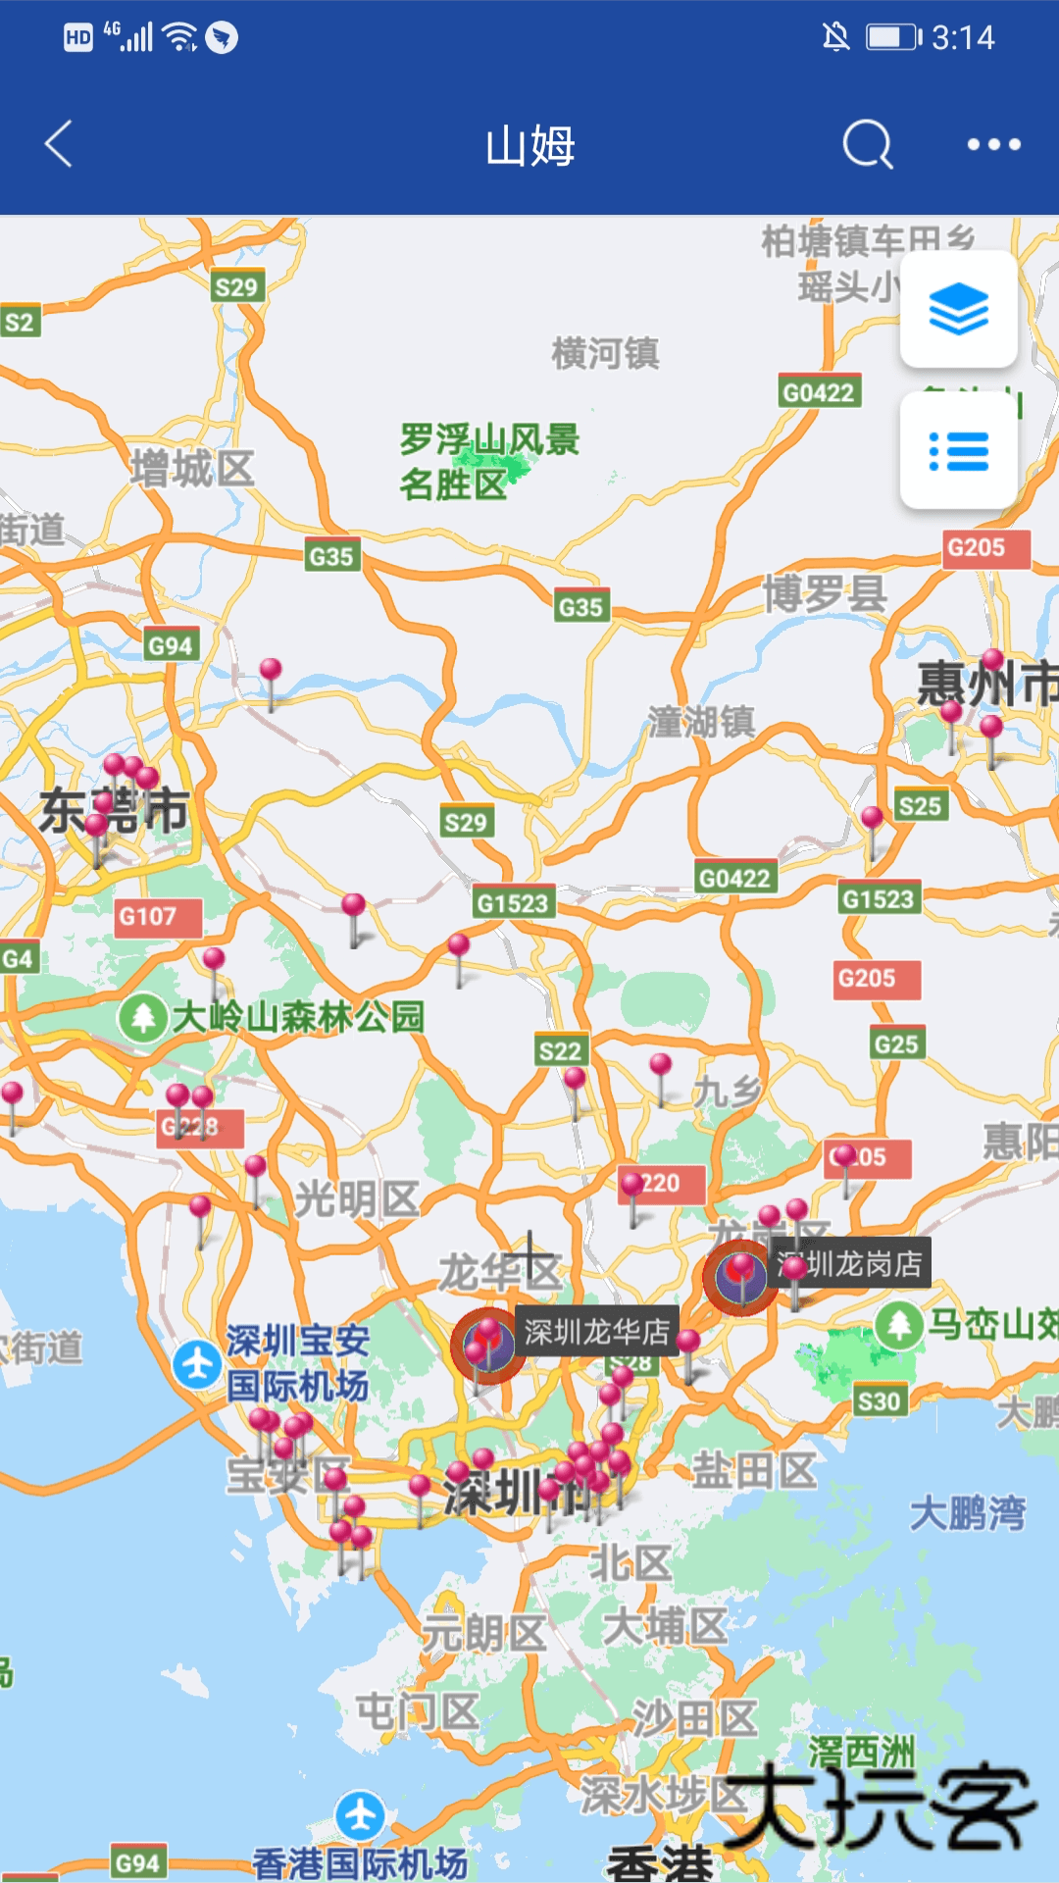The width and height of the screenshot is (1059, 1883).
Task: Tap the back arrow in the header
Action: [x=59, y=144]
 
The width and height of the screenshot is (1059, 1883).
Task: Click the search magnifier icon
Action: [x=868, y=145]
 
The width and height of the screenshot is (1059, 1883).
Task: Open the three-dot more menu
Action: [x=993, y=145]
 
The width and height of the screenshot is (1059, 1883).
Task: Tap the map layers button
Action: [x=958, y=309]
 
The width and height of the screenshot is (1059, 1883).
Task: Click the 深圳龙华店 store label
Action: [x=596, y=1331]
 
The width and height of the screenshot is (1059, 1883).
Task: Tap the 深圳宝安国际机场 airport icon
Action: [x=197, y=1364]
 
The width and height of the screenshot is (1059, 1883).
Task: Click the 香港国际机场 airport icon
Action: [x=360, y=1815]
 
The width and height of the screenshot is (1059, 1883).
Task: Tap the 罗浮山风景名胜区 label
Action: [x=488, y=461]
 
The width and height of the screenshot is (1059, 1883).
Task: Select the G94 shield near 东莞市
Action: [x=171, y=645]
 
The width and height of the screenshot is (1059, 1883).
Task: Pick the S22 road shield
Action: [x=561, y=1051]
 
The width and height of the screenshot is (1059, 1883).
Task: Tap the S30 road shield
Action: [x=878, y=1401]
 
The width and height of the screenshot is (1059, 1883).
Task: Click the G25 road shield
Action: [x=896, y=1044]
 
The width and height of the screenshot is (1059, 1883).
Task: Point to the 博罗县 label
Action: [x=825, y=593]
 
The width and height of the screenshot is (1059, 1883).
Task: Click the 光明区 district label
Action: [x=357, y=1198]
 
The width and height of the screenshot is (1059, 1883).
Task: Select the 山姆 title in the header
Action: [x=529, y=145]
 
